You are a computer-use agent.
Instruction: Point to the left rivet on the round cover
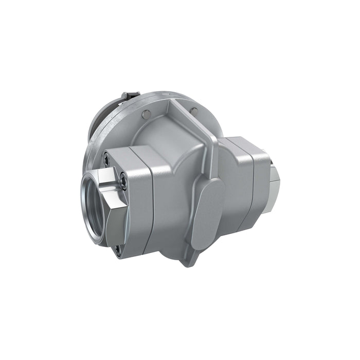click(x=146, y=113)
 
